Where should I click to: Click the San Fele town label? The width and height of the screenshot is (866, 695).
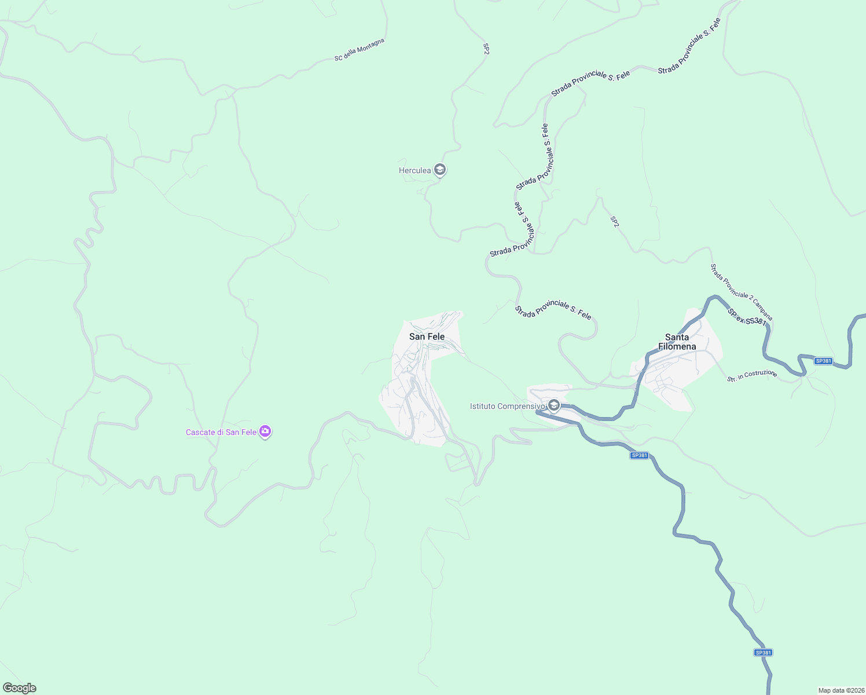pos(427,336)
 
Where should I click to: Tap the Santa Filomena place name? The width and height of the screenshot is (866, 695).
pos(677,342)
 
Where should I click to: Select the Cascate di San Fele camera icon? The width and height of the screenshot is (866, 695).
pos(265,431)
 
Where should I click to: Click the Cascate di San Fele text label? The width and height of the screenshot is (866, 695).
pos(221,433)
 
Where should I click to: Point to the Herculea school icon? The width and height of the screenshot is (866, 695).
pos(439,170)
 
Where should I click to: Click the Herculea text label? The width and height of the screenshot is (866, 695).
pos(414,170)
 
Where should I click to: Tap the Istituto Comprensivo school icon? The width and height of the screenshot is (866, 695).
pos(553,405)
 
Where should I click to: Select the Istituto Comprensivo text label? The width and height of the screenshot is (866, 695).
pos(507,407)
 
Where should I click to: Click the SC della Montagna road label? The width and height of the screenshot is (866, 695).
pos(359,50)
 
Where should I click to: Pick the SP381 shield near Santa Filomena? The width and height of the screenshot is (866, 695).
pos(823,361)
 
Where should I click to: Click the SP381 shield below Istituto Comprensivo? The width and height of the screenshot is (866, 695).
pos(639,455)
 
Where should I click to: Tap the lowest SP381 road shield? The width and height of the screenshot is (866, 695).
pos(763,652)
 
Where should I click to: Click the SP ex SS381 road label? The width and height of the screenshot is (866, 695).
pos(747,317)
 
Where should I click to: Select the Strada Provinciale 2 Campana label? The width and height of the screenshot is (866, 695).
pos(741,292)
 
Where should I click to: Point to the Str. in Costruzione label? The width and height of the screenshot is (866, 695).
pos(752,376)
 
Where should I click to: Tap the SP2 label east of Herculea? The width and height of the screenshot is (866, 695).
pos(615,222)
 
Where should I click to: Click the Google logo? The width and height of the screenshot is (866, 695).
pos(19,688)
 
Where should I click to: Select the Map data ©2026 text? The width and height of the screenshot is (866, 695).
pos(841,690)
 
